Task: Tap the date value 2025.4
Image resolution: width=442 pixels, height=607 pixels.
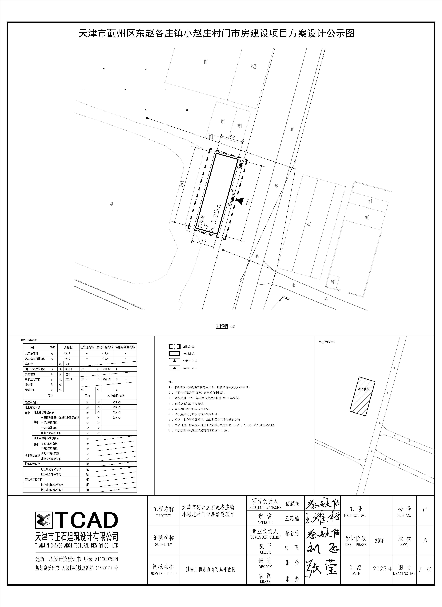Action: pyautogui.click(x=382, y=569)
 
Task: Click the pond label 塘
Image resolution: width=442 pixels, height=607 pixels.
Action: pyautogui.click(x=111, y=204)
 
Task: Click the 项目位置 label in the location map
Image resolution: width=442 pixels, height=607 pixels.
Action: pyautogui.click(x=364, y=389)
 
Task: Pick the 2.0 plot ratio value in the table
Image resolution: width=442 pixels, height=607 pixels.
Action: pyautogui.click(x=67, y=364)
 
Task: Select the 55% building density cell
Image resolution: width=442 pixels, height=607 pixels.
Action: pyautogui.click(x=67, y=374)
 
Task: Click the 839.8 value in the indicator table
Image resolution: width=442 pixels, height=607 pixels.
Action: pyautogui.click(x=69, y=369)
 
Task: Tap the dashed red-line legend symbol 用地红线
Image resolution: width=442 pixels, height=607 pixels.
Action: pyautogui.click(x=174, y=347)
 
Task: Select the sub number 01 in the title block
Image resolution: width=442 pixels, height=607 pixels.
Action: pyautogui.click(x=425, y=510)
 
